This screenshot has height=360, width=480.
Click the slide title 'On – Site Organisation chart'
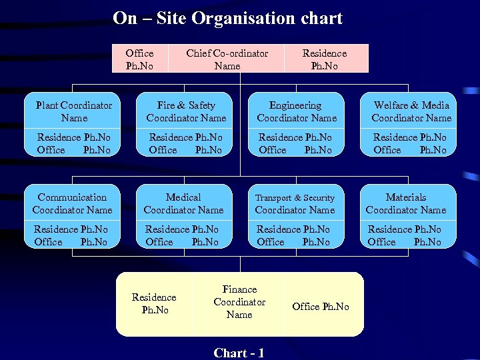(x=227, y=18)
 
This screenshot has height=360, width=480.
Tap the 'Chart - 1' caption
(x=239, y=353)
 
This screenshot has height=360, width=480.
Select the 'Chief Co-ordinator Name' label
(x=227, y=59)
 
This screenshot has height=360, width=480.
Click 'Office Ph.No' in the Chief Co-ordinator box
(x=139, y=59)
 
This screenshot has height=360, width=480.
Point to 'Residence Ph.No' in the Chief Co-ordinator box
(x=325, y=59)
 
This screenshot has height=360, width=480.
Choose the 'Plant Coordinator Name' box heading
(x=74, y=111)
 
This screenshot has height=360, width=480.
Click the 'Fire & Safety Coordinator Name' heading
(x=186, y=111)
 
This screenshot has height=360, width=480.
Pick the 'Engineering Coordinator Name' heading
(x=297, y=111)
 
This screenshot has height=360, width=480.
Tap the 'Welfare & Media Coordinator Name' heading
(x=411, y=111)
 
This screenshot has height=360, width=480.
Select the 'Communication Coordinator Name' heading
(x=72, y=203)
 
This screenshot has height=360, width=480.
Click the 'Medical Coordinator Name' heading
(x=183, y=203)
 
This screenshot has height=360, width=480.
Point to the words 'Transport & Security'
(x=295, y=198)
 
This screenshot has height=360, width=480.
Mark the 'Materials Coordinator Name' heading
(x=406, y=203)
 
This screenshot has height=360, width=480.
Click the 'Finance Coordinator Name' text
(x=239, y=302)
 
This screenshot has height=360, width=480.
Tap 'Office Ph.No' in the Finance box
(x=320, y=306)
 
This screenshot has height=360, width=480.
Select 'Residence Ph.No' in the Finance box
(x=154, y=303)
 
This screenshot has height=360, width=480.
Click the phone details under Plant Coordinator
(x=74, y=143)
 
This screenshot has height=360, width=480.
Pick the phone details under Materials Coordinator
(x=405, y=235)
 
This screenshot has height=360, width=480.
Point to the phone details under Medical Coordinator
(x=182, y=235)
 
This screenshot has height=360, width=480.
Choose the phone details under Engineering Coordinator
(x=295, y=143)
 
